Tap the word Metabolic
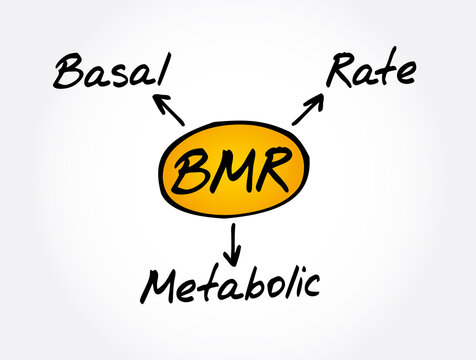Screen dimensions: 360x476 click(231, 284)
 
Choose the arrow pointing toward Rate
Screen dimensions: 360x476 click(308, 109)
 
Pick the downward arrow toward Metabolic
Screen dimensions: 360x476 click(233, 240)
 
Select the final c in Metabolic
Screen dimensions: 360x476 click(313, 287)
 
